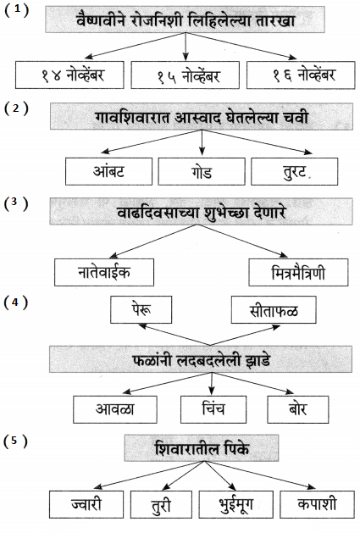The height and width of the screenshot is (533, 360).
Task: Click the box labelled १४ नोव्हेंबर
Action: pyautogui.click(x=69, y=75)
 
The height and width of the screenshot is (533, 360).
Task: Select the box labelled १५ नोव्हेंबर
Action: pyautogui.click(x=185, y=75)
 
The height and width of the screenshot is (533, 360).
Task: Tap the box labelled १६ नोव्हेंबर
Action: pyautogui.click(x=301, y=75)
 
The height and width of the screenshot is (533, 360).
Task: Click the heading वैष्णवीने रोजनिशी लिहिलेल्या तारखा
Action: pyautogui.click(x=185, y=19)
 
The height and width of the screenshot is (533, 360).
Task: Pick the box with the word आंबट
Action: pyautogui.click(x=108, y=171)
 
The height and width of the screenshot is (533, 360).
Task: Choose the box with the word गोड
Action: pyautogui.click(x=202, y=171)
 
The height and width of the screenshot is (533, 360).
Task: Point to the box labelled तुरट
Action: pyautogui.click(x=295, y=171)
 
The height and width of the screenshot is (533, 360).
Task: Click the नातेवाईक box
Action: pyautogui.click(x=104, y=272)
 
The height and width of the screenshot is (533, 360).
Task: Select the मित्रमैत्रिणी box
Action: pyautogui.click(x=298, y=272)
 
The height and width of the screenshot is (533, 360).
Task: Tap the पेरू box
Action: pyautogui.click(x=141, y=309)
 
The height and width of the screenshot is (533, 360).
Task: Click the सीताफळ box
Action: pyautogui.click(x=274, y=309)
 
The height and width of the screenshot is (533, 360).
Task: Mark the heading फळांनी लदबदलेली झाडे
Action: pyautogui.click(x=201, y=359)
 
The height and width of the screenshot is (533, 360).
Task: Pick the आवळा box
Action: pyautogui.click(x=115, y=409)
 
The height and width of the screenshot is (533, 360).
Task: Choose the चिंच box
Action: pyautogui.click(x=213, y=409)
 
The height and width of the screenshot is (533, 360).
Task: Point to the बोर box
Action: pyautogui.click(x=298, y=409)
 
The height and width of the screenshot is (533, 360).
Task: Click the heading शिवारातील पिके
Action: pyautogui.click(x=202, y=447)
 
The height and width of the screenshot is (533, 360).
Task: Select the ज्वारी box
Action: pyautogui.click(x=86, y=504)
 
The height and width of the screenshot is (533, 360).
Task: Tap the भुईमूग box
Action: pyautogui.click(x=236, y=504)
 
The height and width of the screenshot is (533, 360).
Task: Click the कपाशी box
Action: pyautogui.click(x=317, y=504)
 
